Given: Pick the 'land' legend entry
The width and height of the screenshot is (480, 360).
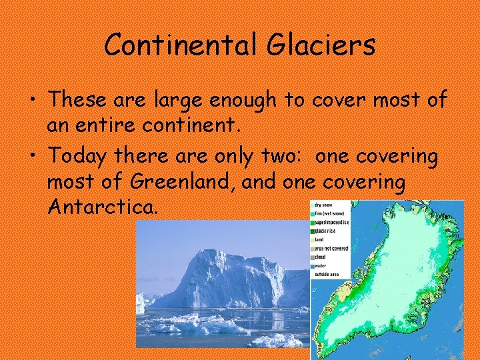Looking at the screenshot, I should pyautogui.click(x=319, y=239).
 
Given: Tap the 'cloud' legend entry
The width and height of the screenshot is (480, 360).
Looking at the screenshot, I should pyautogui.click(x=321, y=256).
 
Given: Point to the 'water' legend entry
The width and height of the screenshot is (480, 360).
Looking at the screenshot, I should pyautogui.click(x=321, y=264).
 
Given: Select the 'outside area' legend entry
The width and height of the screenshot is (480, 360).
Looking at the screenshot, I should pyautogui.click(x=327, y=273).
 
